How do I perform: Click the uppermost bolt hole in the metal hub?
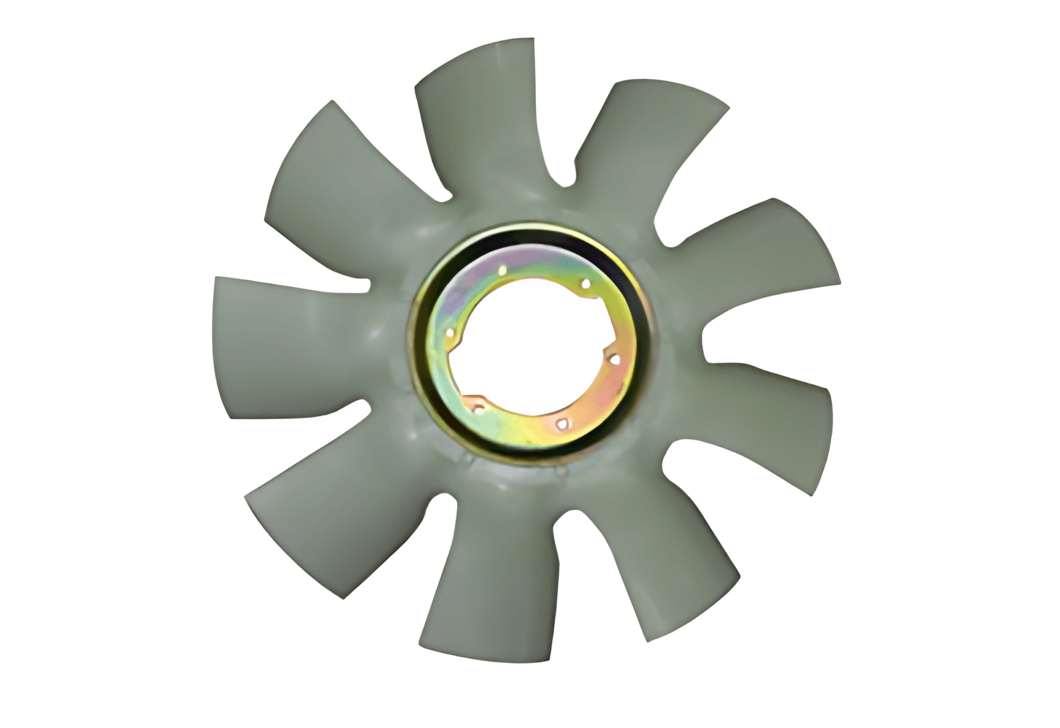point(502,271)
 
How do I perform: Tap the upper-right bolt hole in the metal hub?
point(586,284)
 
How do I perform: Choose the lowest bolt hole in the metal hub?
point(563,423)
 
